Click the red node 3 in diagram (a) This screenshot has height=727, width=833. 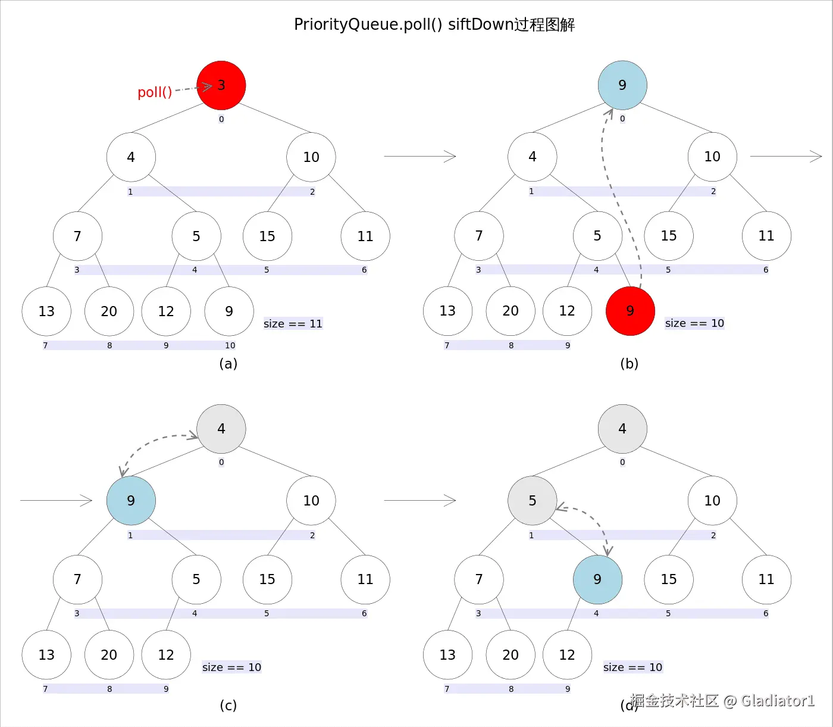(221, 85)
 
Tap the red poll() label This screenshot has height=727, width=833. (155, 92)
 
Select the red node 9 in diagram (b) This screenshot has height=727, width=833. (630, 311)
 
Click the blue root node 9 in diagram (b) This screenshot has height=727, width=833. (622, 85)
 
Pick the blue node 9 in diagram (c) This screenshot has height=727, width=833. (131, 500)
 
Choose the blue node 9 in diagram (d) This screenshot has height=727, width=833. (597, 579)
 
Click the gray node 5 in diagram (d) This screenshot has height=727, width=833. (532, 500)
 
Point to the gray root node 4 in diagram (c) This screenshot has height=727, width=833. (221, 429)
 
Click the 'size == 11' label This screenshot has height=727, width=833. (293, 324)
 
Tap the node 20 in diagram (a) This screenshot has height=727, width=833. (109, 311)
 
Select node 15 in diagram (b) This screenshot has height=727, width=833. (669, 236)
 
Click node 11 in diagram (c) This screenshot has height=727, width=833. (365, 579)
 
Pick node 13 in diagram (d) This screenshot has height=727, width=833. (447, 654)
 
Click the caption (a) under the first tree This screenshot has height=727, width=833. (228, 363)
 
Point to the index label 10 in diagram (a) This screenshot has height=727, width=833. (230, 345)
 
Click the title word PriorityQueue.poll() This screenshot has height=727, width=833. (368, 24)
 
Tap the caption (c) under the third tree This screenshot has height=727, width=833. (228, 705)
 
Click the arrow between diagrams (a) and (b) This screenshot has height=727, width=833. (419, 156)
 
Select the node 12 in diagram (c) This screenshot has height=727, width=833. (165, 654)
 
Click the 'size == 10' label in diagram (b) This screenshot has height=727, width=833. (694, 323)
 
